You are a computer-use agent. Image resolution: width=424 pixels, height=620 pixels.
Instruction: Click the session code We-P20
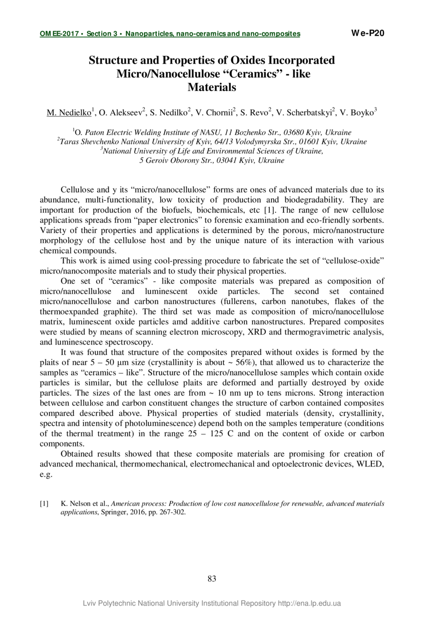[367, 33]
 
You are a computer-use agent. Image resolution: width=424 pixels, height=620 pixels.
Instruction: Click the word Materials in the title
[211, 87]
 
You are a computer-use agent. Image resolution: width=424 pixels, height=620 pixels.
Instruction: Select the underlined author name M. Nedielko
[69, 113]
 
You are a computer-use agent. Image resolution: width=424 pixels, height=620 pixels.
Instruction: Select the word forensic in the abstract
[259, 220]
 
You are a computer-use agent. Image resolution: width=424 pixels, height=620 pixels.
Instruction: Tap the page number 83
[211, 579]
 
